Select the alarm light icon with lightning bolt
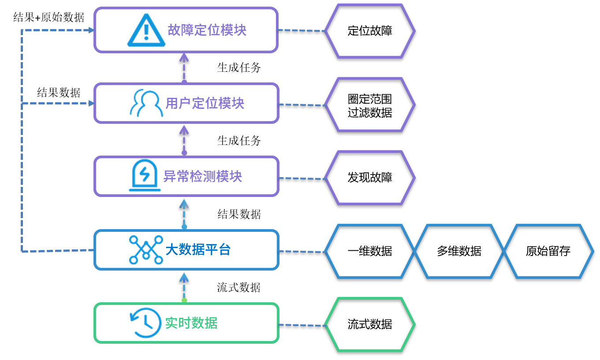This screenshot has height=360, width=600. (145, 176)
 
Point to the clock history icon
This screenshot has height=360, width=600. (145, 323)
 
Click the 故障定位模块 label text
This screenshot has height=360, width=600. (207, 30)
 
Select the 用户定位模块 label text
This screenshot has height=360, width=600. (205, 104)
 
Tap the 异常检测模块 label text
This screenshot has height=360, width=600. (203, 177)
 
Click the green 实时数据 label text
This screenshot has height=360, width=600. (191, 323)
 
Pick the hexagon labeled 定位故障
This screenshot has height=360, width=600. (370, 31)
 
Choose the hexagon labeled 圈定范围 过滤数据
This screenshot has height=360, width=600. (370, 105)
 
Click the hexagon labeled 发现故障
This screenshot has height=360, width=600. (370, 178)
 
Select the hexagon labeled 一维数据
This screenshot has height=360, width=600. (370, 251)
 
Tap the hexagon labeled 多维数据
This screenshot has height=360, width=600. (459, 251)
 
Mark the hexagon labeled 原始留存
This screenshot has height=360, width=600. (548, 251)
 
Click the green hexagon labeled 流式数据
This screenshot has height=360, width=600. (370, 325)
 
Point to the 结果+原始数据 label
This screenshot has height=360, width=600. (49, 18)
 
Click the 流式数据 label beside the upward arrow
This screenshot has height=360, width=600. (239, 288)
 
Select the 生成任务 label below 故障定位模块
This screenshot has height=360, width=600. (239, 67)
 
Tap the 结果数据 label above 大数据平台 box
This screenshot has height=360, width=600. (239, 215)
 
